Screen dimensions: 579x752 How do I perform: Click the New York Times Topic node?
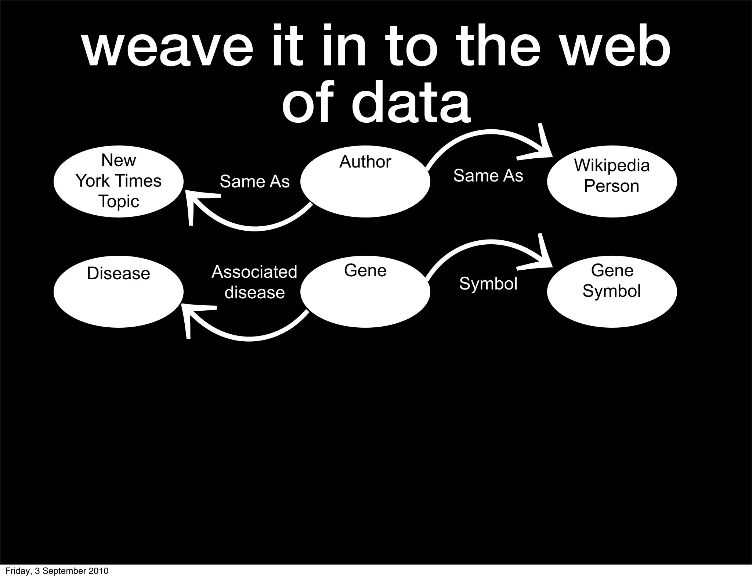click(x=118, y=181)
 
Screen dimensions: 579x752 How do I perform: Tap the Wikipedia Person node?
click(x=612, y=181)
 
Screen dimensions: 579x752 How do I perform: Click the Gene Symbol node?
click(x=612, y=292)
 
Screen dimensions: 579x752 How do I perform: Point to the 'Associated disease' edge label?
click(x=254, y=282)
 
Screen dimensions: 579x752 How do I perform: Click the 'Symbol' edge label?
click(x=488, y=284)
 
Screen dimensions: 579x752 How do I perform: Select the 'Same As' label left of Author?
click(x=254, y=181)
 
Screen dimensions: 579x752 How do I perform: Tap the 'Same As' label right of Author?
click(x=488, y=176)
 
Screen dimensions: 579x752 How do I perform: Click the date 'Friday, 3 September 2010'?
click(x=57, y=571)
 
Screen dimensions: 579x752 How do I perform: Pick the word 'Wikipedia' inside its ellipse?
click(x=612, y=166)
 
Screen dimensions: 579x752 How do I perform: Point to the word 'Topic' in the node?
click(x=119, y=202)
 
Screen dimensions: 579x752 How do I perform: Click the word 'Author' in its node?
click(x=365, y=162)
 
